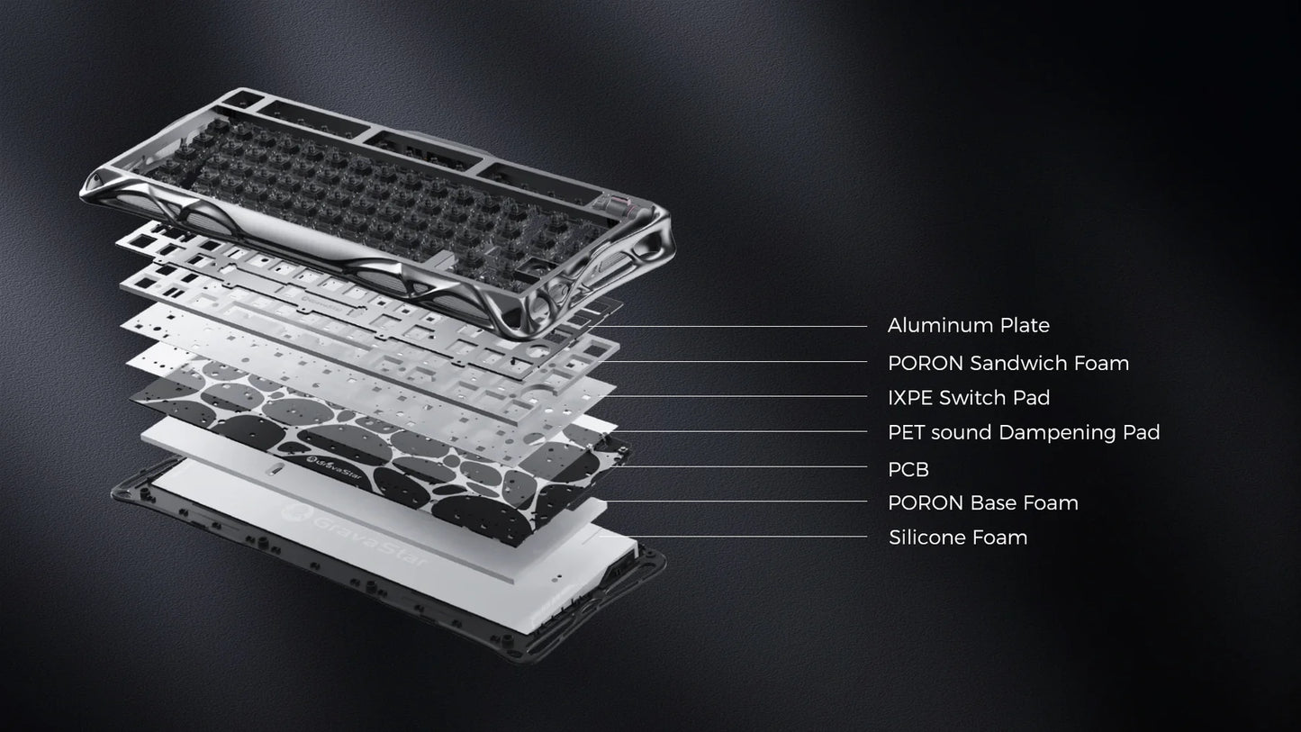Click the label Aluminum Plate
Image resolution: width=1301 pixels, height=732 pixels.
tap(968, 325)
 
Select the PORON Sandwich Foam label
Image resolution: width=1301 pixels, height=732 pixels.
tap(1007, 363)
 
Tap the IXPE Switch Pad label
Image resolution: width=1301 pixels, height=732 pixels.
tap(968, 397)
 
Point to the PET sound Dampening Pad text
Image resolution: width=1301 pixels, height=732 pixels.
tap(1023, 432)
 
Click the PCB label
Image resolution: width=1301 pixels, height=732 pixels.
tap(908, 469)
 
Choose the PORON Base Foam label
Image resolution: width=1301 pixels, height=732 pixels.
tap(982, 502)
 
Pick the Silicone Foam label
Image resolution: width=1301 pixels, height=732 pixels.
tap(957, 538)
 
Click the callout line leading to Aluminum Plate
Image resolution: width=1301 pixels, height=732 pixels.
tap(738, 326)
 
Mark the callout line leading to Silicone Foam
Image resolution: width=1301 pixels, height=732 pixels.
tap(747, 538)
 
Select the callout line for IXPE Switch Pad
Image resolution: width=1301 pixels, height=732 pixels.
tap(738, 396)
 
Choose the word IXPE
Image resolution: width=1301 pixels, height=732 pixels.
tap(910, 397)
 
